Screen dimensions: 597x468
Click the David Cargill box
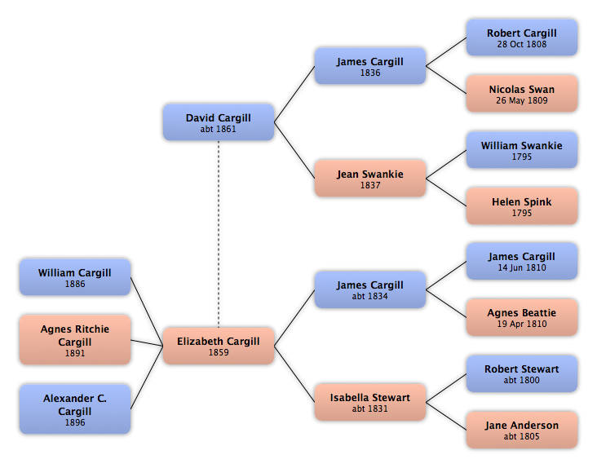click(219, 122)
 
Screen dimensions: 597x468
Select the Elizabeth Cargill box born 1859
click(219, 346)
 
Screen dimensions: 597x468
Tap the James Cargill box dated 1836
click(370, 66)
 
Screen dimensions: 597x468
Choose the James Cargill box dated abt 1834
click(370, 289)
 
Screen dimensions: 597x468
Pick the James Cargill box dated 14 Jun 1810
click(522, 262)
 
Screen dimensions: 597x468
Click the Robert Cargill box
click(522, 38)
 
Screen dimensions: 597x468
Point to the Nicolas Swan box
click(522, 94)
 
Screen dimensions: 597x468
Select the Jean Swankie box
click(370, 179)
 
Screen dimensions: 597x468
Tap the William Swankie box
click(522, 150)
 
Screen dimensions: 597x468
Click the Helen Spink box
click(522, 205)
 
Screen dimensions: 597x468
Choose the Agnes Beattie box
click(522, 317)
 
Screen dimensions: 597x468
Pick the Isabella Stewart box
click(370, 402)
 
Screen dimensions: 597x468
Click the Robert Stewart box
click(522, 373)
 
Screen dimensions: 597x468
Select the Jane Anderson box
click(522, 430)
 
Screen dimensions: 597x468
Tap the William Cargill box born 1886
click(75, 277)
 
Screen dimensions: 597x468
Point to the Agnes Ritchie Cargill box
click(75, 340)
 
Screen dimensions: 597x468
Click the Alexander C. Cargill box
click(75, 409)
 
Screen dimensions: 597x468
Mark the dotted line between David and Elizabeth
click(219, 234)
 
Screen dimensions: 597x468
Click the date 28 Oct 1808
click(522, 44)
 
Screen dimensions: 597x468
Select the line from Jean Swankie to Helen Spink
click(446, 192)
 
